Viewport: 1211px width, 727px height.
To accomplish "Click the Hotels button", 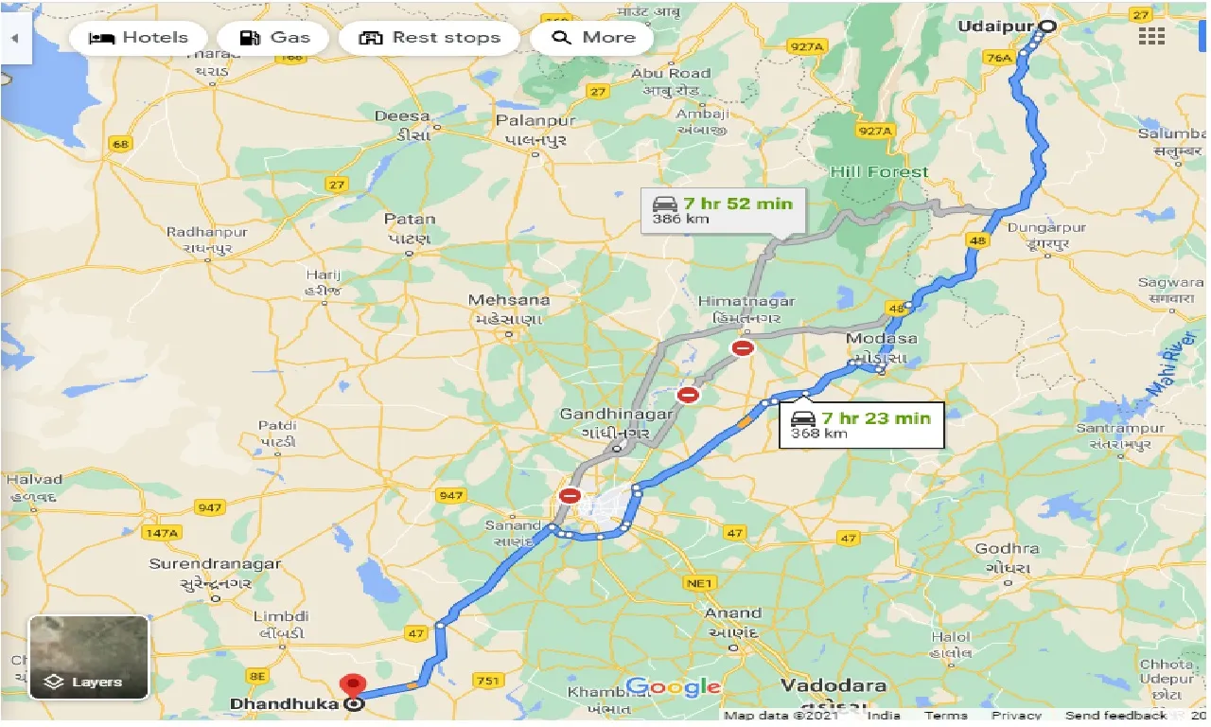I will click(137, 38).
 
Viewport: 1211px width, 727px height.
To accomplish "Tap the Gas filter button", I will click(274, 38).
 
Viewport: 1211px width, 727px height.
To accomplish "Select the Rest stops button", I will click(430, 38).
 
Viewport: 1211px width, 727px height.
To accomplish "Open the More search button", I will click(593, 38).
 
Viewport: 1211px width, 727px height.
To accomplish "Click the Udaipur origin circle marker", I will click(1046, 27).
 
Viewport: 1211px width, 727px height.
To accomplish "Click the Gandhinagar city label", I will click(616, 415).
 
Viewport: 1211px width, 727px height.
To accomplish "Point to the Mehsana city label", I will click(509, 300).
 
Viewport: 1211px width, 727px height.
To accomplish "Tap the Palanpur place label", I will click(536, 121).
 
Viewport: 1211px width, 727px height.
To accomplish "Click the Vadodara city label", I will click(834, 685).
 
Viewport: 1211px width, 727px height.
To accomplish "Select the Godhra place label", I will click(1007, 549).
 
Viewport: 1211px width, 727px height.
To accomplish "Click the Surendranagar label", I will click(215, 564).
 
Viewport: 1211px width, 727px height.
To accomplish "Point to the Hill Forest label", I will click(879, 172).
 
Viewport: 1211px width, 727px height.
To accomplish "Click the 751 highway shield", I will click(488, 681).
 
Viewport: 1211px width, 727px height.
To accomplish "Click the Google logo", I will click(674, 686).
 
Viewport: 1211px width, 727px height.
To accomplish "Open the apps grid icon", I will click(1151, 37).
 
